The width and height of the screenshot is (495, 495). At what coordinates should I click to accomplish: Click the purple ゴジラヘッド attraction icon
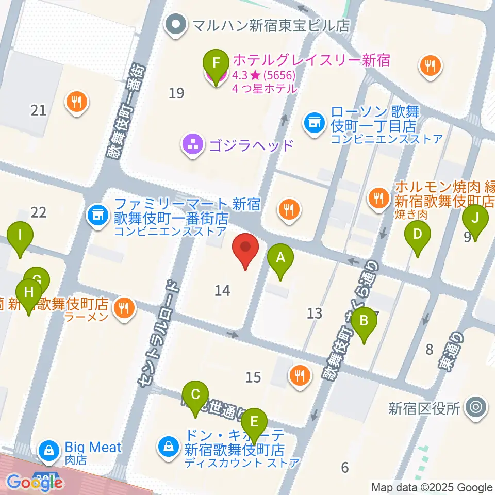pos(193,145)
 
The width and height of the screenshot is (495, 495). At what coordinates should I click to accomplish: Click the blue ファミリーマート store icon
pos(96,212)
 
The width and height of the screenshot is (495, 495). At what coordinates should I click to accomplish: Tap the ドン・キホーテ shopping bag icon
pos(168,444)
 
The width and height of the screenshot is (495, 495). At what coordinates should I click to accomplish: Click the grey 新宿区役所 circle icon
pos(475,408)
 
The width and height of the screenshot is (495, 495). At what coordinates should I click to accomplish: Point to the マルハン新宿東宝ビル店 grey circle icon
pos(176,24)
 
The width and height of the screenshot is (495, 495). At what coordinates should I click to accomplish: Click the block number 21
pos(39,110)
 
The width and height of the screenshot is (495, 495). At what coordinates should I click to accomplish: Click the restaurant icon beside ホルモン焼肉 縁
pos(379,196)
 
